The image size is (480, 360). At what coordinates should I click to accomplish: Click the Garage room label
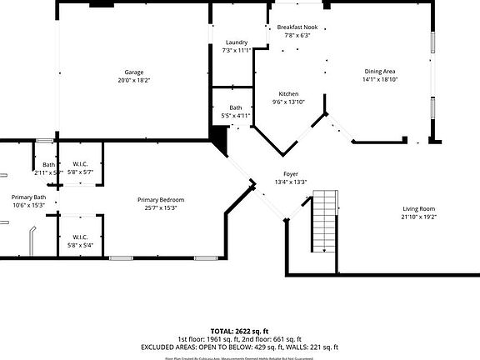click(133, 72)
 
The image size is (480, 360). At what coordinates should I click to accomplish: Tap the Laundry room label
click(237, 42)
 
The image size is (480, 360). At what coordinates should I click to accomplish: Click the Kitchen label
click(288, 93)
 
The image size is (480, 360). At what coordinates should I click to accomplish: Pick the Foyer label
click(290, 174)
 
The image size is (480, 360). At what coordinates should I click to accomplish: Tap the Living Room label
click(419, 208)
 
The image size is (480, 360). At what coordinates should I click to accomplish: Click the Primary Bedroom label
click(161, 199)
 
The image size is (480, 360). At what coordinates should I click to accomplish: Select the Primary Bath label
click(29, 197)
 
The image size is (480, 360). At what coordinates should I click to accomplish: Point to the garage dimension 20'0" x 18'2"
click(133, 81)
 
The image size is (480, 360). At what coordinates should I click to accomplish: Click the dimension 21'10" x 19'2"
click(419, 217)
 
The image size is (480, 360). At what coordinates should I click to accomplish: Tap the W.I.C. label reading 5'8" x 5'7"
click(81, 171)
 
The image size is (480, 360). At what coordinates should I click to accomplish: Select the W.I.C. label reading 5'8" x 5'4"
click(81, 246)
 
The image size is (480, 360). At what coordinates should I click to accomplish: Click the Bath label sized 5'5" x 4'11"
click(236, 116)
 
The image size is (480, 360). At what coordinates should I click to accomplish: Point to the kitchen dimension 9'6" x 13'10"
click(288, 102)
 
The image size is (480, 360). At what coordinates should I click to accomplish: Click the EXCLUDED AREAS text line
click(239, 347)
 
